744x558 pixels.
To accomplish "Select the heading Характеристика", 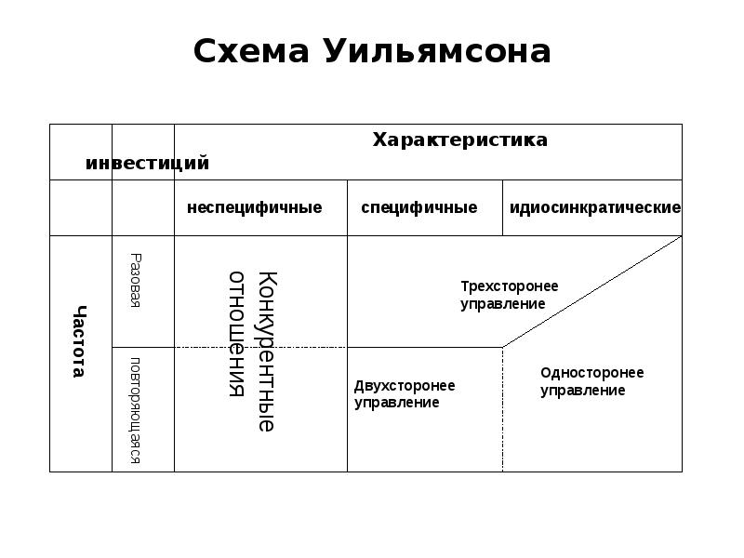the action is coord(459,139).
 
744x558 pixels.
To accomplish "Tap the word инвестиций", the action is coord(147,164).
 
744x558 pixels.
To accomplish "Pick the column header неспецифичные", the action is coord(254,207).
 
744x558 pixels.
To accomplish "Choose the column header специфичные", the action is coord(418,207).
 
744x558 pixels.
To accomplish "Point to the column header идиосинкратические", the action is coord(595,207).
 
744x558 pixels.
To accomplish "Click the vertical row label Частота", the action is coord(80,341).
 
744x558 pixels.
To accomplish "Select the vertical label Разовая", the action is coord(136,281).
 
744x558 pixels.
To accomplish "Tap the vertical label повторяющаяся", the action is coord(136,409).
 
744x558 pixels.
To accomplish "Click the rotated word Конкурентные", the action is coord(267,352).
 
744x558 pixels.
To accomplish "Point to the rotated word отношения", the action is coord(238,333).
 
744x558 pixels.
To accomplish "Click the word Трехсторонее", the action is coord(510,286).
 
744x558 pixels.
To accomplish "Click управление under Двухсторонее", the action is coord(396,403).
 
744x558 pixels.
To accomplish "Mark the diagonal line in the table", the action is coord(591,292).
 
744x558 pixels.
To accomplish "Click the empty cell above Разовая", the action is coord(143,207).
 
